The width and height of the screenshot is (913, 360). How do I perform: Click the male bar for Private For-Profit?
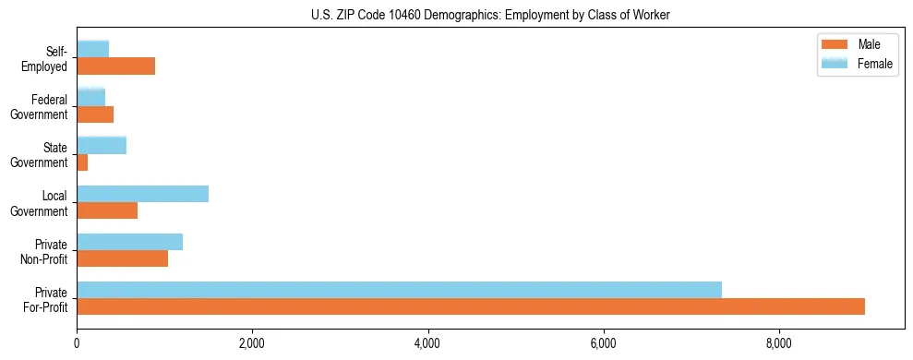[x=471, y=306]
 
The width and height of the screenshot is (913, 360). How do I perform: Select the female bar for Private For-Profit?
[x=399, y=290]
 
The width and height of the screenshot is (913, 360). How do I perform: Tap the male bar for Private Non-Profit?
[x=122, y=258]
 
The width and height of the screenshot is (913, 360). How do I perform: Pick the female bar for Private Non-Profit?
[x=129, y=242]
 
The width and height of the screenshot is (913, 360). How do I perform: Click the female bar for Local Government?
[x=142, y=194]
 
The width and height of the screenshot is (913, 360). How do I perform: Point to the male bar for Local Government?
[x=107, y=210]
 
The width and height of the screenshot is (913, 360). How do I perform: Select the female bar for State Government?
[x=102, y=145]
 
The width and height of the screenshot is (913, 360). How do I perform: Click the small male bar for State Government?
[x=82, y=162]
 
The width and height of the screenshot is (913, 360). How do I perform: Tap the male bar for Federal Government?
[x=95, y=114]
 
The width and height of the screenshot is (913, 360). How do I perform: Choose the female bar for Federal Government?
[x=90, y=97]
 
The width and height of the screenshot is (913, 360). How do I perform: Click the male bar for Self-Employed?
[x=115, y=66]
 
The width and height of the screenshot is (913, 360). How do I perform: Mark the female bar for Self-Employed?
[x=92, y=49]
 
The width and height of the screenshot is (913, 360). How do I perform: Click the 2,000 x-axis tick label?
[x=252, y=344]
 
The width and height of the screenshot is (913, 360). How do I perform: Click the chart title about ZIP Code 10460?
[x=491, y=15]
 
